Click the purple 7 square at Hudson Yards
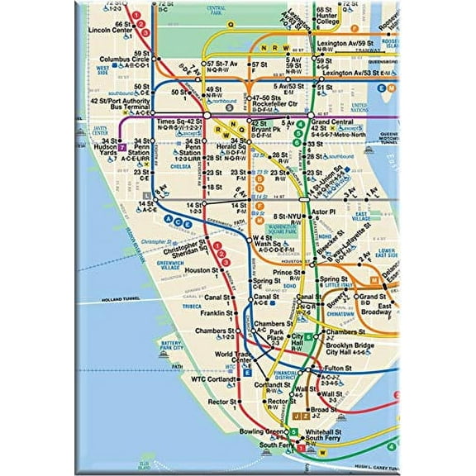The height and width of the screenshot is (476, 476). coord(121,146)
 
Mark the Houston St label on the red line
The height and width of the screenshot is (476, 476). coord(202,270)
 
